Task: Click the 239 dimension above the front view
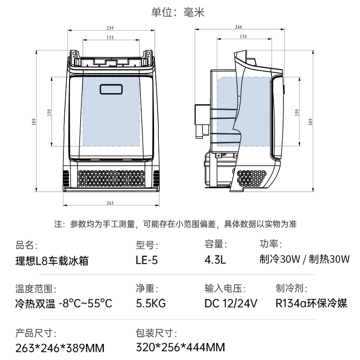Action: (111, 27)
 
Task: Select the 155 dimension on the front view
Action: (111, 38)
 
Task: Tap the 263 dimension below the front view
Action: (111, 203)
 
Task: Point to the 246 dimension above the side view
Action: (238, 27)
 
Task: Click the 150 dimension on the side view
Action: (243, 36)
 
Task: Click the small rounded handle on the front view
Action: (112, 89)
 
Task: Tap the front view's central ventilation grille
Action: (112, 179)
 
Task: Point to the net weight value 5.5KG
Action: (151, 303)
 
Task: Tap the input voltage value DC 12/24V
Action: (230, 303)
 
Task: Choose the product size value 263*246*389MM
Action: (60, 348)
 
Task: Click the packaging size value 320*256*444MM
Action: (180, 347)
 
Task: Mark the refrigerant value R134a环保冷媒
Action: (311, 303)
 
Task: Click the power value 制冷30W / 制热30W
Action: (305, 260)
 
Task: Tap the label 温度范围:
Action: (36, 289)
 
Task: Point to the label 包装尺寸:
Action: (156, 333)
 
